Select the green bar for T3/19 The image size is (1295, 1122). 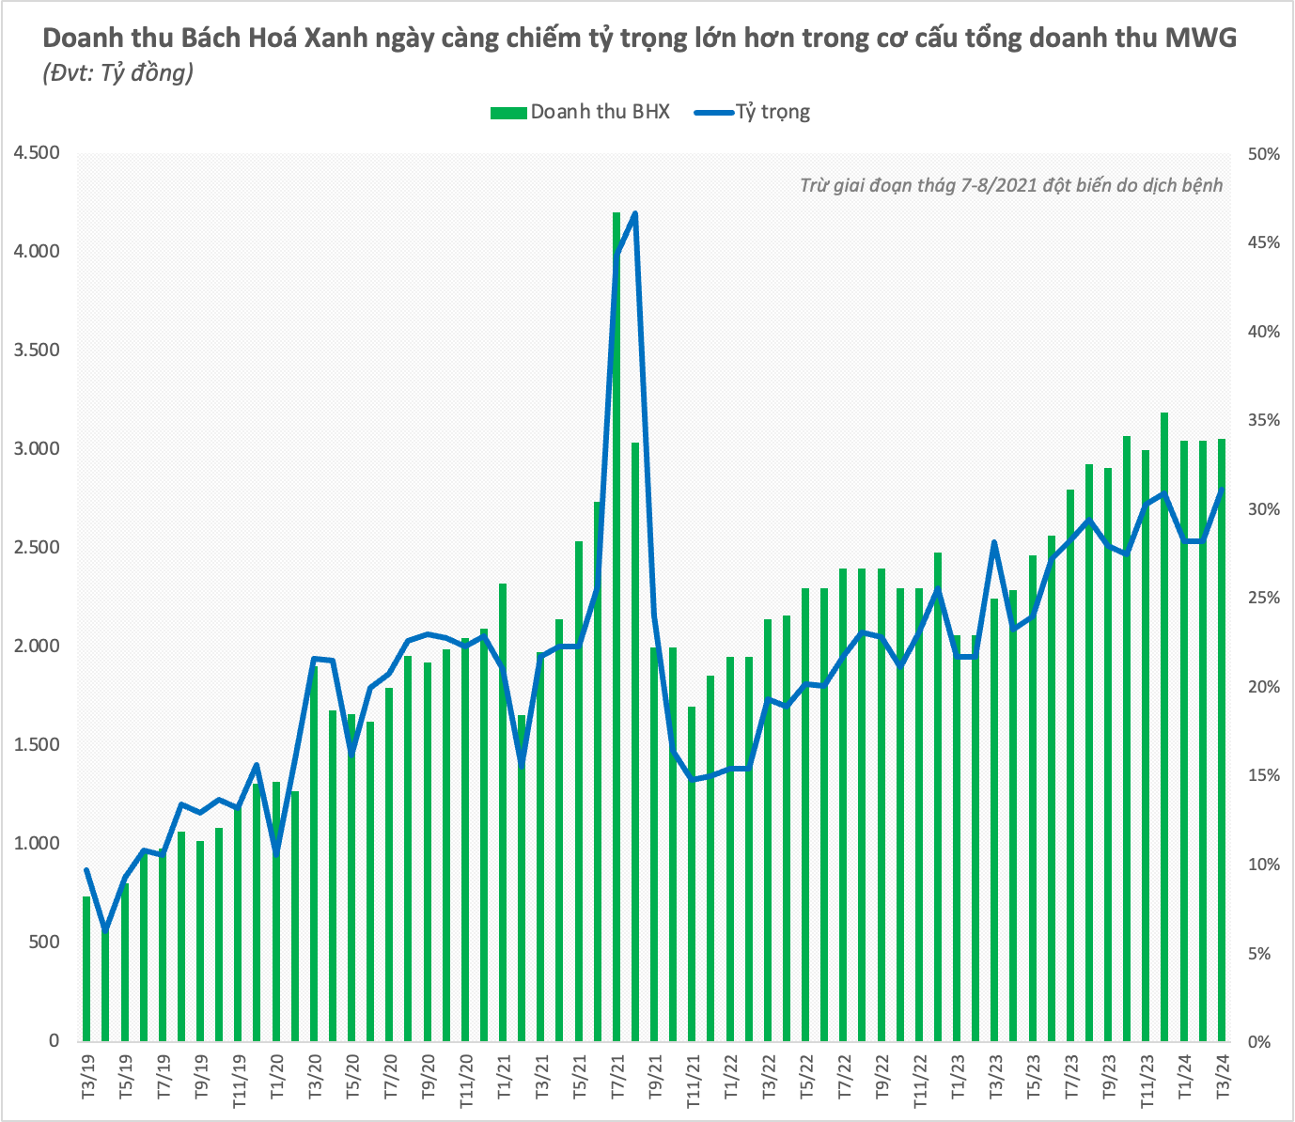point(86,968)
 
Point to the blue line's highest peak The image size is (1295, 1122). point(635,214)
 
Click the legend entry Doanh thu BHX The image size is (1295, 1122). point(580,112)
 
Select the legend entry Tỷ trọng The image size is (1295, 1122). point(753,112)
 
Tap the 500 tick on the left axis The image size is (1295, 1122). point(41,943)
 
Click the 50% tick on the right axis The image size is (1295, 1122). point(1263,154)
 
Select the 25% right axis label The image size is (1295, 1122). point(1263,599)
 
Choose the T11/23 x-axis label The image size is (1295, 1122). point(1147,1081)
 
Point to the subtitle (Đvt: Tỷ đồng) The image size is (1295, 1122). point(118,73)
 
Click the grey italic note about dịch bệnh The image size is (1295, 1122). point(1011,185)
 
